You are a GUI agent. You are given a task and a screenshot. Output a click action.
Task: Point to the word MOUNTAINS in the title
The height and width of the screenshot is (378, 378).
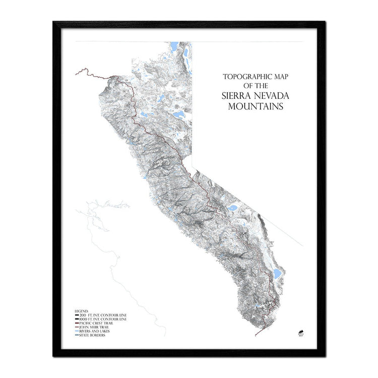(256, 106)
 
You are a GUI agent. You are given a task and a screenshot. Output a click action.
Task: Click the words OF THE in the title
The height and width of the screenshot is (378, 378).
(255, 86)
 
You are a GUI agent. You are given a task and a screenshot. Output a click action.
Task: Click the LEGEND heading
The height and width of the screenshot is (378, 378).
(82, 311)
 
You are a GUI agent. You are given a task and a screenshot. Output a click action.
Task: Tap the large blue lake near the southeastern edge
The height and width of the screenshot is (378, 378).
(277, 274)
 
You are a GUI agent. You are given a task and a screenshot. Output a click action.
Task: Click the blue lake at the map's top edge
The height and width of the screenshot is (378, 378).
(174, 48)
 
